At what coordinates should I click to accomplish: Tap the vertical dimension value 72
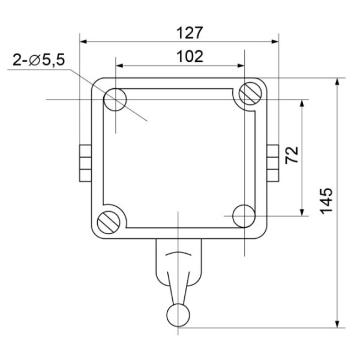(291, 155)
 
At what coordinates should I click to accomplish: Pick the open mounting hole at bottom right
(244, 216)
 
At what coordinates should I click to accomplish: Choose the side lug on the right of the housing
(273, 163)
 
